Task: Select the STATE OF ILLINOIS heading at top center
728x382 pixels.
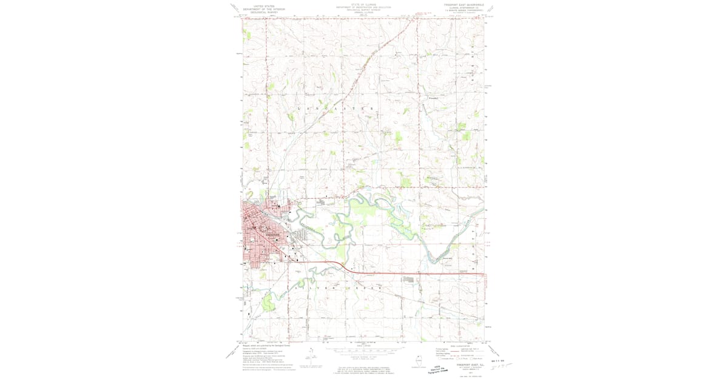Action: tap(363, 3)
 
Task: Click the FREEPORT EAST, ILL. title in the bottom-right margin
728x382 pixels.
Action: tap(465, 365)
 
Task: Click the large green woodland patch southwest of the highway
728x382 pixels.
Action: tap(342, 250)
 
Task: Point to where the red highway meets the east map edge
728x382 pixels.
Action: tap(485, 274)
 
